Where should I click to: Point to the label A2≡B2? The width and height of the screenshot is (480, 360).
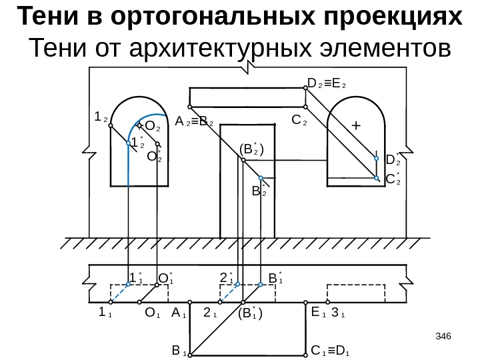[194, 123]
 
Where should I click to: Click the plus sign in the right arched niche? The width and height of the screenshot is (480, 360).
[355, 125]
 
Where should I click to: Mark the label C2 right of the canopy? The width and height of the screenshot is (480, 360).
[299, 123]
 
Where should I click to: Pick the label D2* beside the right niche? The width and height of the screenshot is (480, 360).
[393, 160]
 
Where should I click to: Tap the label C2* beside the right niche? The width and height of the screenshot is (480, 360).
[394, 179]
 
